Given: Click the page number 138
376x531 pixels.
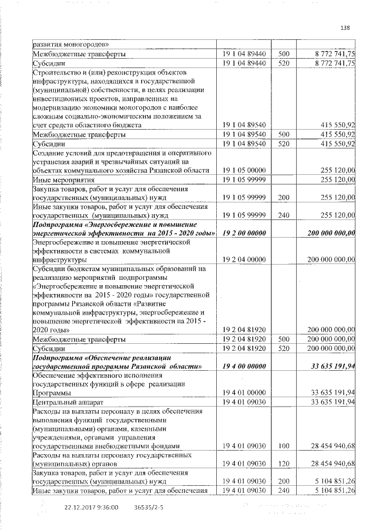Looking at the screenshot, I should pyautogui.click(x=345, y=26).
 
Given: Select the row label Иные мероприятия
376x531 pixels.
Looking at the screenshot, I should pyautogui.click(x=62, y=180).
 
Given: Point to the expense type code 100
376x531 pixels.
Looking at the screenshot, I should pyautogui.click(x=284, y=446).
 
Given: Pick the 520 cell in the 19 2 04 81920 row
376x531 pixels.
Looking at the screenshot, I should pyautogui.click(x=284, y=349).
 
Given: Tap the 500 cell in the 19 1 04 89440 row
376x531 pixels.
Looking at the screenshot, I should pyautogui.click(x=284, y=53).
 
